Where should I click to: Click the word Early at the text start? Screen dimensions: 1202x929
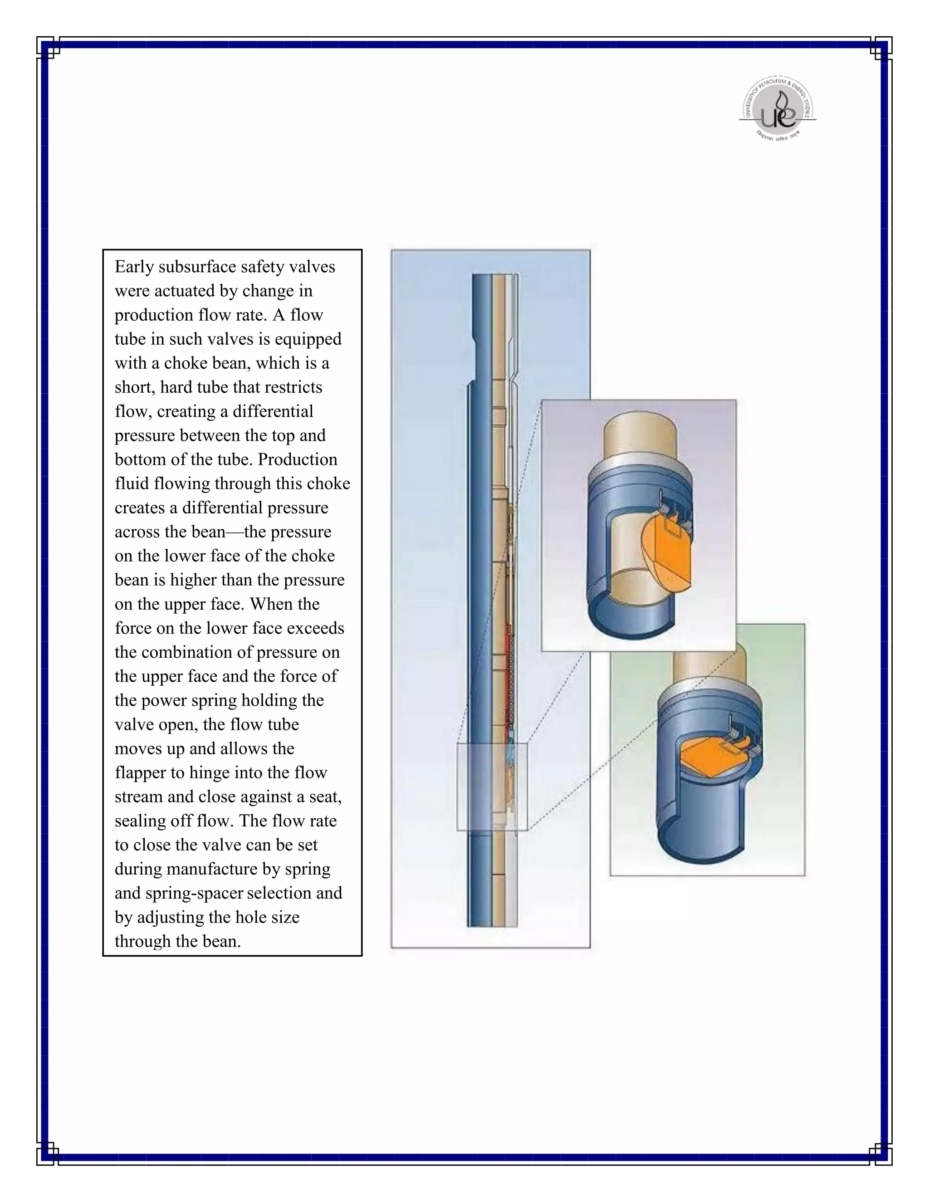tap(134, 267)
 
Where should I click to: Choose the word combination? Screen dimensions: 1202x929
tap(193, 653)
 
